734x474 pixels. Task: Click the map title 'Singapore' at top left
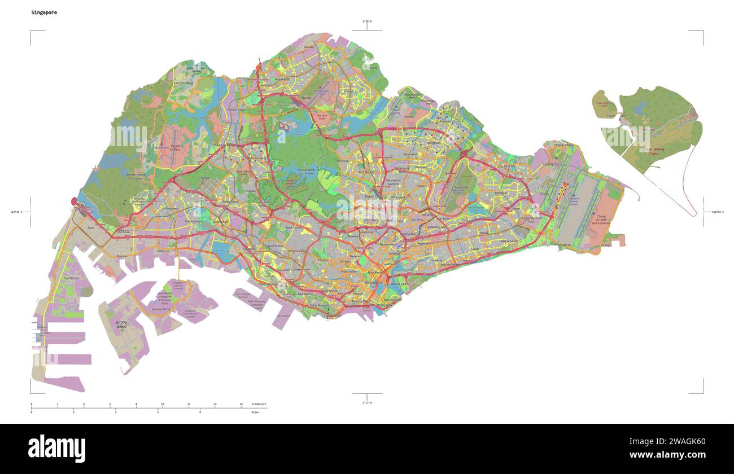[44, 12]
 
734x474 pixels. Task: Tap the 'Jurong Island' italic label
[121, 324]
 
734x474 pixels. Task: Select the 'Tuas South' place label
[71, 278]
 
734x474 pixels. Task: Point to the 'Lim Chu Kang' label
[183, 83]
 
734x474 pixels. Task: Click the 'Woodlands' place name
[282, 80]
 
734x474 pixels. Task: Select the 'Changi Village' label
[563, 145]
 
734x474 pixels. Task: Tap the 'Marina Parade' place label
[450, 264]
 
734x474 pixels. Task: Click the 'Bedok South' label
[509, 241]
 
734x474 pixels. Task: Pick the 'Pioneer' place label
[122, 256]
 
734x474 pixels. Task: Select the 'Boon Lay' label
[163, 251]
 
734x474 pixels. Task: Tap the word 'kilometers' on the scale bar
[259, 404]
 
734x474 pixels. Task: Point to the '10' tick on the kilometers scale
[162, 404]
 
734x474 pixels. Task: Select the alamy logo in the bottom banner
[56, 449]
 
